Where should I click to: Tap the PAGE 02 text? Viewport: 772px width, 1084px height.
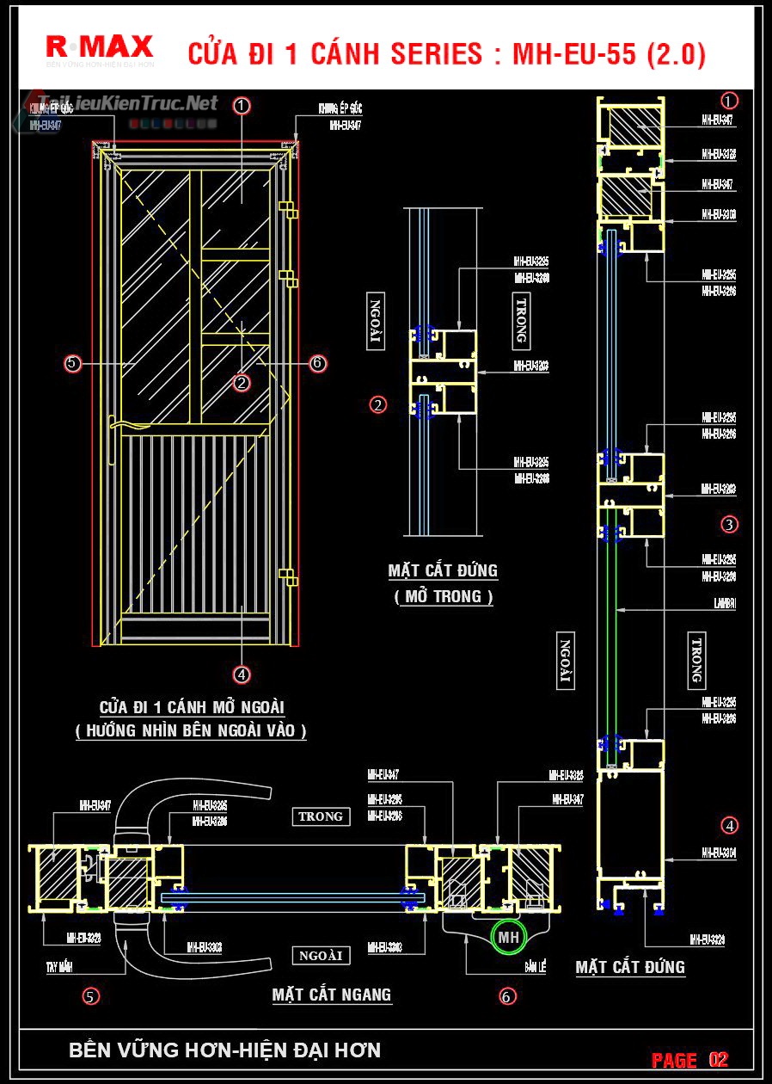click(689, 1059)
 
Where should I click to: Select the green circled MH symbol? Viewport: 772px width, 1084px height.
click(507, 937)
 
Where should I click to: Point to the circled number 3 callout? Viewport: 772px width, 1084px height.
click(730, 524)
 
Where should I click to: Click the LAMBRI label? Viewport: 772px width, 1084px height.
click(724, 604)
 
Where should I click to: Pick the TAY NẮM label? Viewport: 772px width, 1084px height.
click(59, 967)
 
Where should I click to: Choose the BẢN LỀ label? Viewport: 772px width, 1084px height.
click(536, 968)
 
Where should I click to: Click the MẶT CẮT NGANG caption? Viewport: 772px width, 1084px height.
click(332, 995)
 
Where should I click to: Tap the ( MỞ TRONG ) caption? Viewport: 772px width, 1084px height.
click(444, 596)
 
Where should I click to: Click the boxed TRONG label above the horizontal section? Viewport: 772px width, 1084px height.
click(321, 816)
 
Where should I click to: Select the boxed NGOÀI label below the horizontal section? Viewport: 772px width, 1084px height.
click(321, 955)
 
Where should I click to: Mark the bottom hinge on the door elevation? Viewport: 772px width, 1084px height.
click(289, 576)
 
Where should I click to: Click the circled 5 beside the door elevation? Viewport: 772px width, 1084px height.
click(72, 364)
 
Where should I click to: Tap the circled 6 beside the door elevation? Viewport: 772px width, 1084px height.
click(318, 364)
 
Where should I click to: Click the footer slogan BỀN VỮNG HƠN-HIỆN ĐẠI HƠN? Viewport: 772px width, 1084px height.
click(224, 1050)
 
